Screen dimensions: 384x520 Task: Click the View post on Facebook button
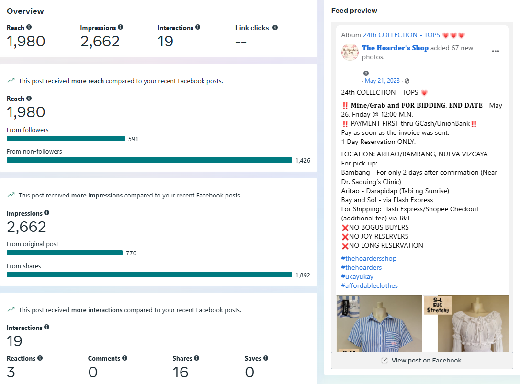(421, 361)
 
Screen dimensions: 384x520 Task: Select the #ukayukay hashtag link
(357, 276)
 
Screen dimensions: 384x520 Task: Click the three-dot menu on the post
(496, 51)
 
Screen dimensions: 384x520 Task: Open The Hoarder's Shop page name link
(395, 48)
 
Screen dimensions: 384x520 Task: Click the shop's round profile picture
(350, 52)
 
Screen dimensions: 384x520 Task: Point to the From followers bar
(66, 139)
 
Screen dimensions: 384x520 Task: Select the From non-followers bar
(149, 160)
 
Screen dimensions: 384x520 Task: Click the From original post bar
(65, 253)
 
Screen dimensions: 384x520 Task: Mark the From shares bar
(149, 275)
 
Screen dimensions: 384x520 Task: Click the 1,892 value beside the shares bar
(303, 275)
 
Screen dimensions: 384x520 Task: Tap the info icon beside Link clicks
(275, 28)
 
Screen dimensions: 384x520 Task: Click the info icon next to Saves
(266, 358)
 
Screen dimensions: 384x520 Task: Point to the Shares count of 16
(180, 372)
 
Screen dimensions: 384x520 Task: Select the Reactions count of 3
(11, 372)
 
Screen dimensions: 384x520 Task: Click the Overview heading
(25, 11)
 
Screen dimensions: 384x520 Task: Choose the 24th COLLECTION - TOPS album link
(401, 35)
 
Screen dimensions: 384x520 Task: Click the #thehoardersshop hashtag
(369, 258)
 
